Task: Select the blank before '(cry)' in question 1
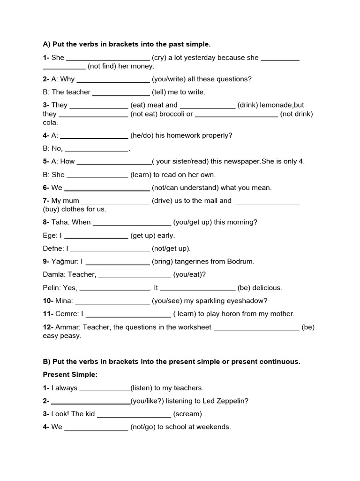click(x=108, y=58)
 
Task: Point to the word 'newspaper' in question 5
click(x=240, y=161)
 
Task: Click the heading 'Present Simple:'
click(x=70, y=375)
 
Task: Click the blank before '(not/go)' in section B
click(x=96, y=427)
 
